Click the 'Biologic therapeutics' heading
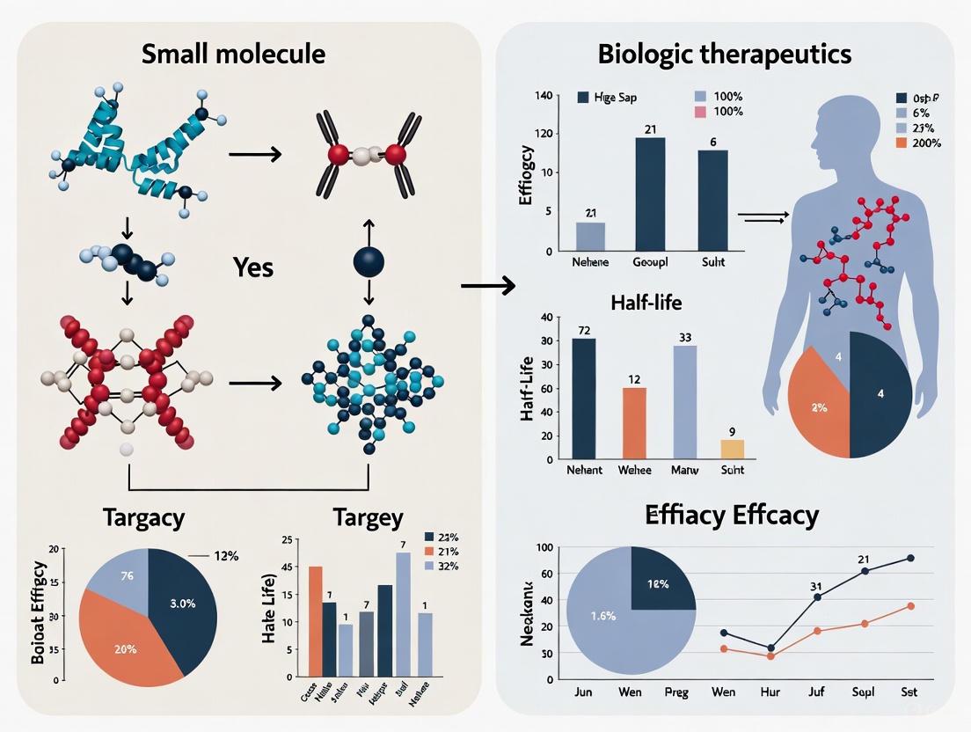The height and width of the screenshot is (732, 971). pyautogui.click(x=724, y=54)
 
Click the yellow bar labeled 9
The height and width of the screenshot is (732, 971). pyautogui.click(x=732, y=449)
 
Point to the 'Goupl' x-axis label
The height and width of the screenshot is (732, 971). pyautogui.click(x=651, y=263)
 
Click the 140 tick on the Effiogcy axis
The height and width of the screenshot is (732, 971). pyautogui.click(x=542, y=95)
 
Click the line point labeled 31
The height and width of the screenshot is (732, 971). pyautogui.click(x=818, y=597)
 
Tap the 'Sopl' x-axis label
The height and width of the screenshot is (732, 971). pyautogui.click(x=863, y=692)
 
